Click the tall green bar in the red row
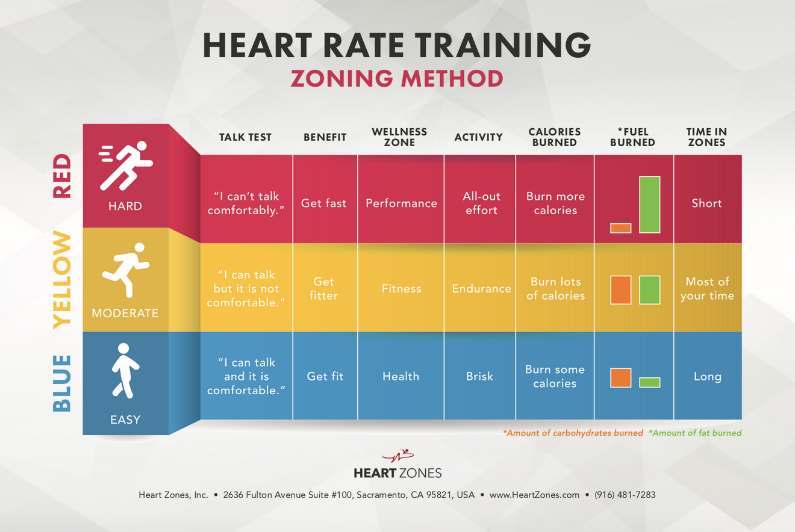pos(649,205)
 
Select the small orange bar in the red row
pos(620,228)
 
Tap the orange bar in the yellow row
pos(620,290)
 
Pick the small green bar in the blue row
pos(649,382)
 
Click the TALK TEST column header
pos(245,137)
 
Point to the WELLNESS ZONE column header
pos(399,137)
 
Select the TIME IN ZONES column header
pos(706,137)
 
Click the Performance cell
pos(401,203)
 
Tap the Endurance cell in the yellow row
pos(481,289)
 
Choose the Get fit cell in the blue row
pos(325,376)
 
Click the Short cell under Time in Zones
pos(706,203)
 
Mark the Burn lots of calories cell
pos(555,289)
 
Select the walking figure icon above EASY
pos(125,371)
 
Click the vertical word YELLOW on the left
pos(62,280)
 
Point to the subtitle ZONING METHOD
pos(397,79)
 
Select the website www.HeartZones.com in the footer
pos(534,495)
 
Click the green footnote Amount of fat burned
pos(695,433)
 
